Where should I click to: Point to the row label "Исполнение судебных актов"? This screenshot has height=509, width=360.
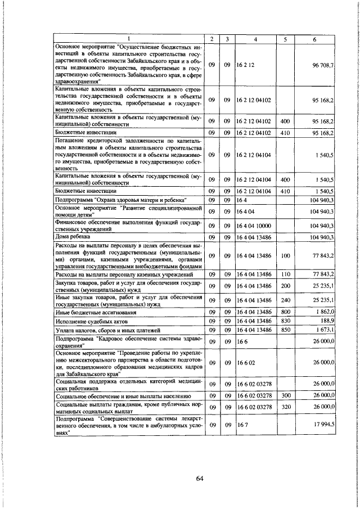[86, 320]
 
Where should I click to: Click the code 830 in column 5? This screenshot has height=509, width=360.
[285, 320]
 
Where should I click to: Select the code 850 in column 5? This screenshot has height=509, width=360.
[285, 329]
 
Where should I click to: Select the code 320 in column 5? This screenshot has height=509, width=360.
[285, 406]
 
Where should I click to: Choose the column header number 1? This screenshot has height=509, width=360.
[128, 39]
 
